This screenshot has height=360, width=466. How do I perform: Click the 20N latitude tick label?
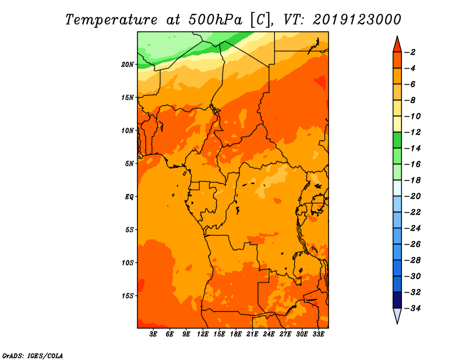coord(128,65)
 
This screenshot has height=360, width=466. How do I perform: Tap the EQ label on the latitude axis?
coord(129,197)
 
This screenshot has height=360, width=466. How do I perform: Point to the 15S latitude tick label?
coord(128,296)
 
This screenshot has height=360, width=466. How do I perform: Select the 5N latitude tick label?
coord(129,164)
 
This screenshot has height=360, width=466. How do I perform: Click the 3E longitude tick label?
coord(153,334)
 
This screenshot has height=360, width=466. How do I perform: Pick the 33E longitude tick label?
coord(318,334)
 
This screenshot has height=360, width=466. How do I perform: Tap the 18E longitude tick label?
coord(236,334)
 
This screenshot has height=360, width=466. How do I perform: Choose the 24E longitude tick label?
coord(269,334)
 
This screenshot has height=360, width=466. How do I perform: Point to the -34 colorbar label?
coord(412,308)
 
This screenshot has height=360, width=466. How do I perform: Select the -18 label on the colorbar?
coord(412,181)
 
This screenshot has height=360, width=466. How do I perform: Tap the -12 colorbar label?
coord(412,132)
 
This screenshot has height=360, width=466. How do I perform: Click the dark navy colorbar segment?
coord(397,300)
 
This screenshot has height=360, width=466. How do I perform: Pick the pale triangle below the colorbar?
coord(397,315)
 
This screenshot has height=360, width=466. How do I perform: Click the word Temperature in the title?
coord(111,20)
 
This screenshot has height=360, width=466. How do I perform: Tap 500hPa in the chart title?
coord(216,20)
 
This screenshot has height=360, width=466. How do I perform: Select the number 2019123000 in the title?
coord(357,20)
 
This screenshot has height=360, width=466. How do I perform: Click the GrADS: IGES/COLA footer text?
coord(33,356)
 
